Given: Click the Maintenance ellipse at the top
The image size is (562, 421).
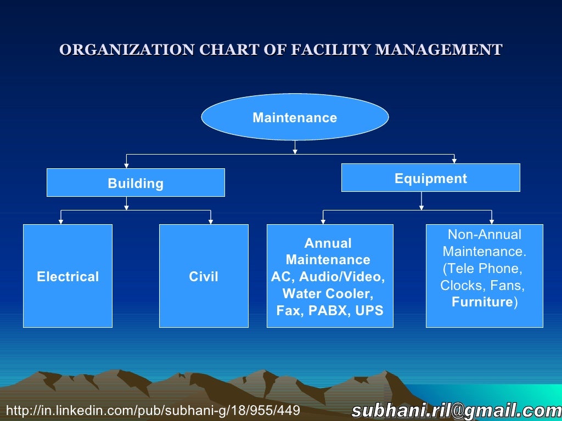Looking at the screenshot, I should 295,117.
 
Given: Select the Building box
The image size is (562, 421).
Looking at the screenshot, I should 136,183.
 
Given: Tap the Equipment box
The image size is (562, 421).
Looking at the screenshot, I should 430,178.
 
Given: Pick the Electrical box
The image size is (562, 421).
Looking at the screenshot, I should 68,276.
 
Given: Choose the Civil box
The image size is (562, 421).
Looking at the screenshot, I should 204,276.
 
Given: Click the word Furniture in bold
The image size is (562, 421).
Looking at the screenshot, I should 482,303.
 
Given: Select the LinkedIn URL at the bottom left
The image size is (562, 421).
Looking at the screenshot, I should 153,411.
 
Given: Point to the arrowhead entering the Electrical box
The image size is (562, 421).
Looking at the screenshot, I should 61,221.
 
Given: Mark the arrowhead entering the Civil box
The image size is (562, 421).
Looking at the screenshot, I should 211,221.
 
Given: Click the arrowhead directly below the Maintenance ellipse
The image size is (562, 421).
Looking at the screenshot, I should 295,151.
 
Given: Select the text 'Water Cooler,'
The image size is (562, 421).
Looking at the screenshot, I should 328,294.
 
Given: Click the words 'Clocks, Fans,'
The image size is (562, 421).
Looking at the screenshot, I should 482,286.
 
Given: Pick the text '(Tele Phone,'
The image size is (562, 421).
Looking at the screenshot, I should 482,269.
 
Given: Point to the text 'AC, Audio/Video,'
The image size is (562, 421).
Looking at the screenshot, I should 328,277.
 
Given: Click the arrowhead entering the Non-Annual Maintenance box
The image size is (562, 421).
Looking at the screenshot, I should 492,221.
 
